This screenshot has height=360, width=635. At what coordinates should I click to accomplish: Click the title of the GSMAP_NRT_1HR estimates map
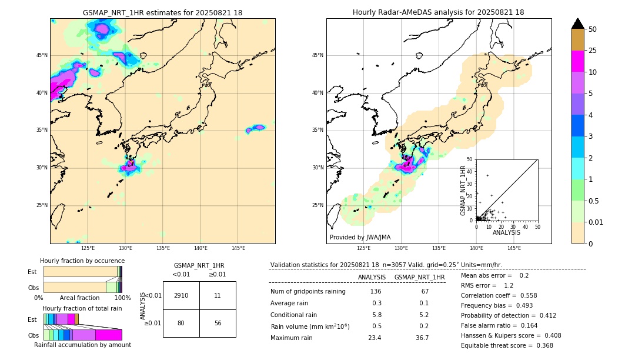162,12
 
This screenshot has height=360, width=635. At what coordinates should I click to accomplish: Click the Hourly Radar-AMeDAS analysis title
439,12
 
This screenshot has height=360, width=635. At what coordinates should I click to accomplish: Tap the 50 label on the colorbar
593,29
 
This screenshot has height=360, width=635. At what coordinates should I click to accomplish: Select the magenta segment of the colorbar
578,61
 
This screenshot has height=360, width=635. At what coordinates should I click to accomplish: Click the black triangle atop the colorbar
578,24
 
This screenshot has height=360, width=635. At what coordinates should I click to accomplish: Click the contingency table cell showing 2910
181,295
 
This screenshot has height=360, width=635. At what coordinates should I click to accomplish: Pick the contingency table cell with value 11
218,295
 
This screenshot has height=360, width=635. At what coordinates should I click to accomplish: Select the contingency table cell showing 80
181,324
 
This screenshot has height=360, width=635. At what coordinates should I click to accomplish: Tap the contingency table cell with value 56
218,324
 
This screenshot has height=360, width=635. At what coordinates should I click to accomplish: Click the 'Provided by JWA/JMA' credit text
360,237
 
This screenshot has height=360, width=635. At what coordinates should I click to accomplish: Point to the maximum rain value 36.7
422,338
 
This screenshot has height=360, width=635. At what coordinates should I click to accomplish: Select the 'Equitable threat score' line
507,345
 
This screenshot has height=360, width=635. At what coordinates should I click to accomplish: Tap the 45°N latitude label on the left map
42,55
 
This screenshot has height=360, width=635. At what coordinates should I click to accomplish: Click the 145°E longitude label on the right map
514,249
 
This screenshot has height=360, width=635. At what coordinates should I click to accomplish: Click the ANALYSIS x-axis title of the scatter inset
506,232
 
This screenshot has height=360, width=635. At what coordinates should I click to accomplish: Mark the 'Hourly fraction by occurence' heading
82,261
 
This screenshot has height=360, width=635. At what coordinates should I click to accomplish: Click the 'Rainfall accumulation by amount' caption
82,345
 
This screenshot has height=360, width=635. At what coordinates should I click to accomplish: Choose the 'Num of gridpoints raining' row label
308,291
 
